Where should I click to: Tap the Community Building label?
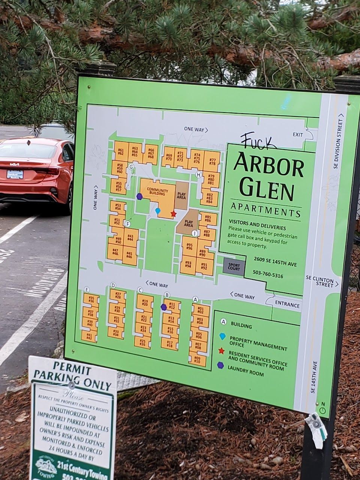156,191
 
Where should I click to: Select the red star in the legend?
221,351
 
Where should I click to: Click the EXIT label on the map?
298,135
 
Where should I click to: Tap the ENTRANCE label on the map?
288,305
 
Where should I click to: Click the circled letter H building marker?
199,174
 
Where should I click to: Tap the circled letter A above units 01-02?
195,299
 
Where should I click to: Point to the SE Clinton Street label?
319,281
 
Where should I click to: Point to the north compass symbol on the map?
323,409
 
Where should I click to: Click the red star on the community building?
173,214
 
